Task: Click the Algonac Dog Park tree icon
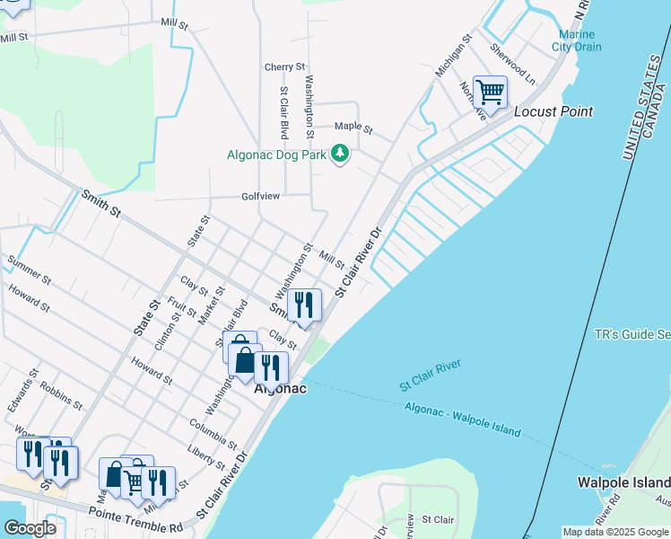point(339,155)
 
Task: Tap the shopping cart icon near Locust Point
point(490,92)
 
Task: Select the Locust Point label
point(553,112)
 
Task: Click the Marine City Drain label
point(576,40)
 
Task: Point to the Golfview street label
point(262,196)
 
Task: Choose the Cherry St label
point(284,67)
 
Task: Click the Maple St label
point(353,127)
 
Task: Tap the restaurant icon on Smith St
point(304,305)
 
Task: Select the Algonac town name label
point(280,389)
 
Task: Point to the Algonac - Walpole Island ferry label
point(462,420)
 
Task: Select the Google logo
point(29,528)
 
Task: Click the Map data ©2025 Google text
point(614,532)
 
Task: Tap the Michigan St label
point(453,57)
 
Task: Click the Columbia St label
point(213,434)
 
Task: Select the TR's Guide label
point(632,334)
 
